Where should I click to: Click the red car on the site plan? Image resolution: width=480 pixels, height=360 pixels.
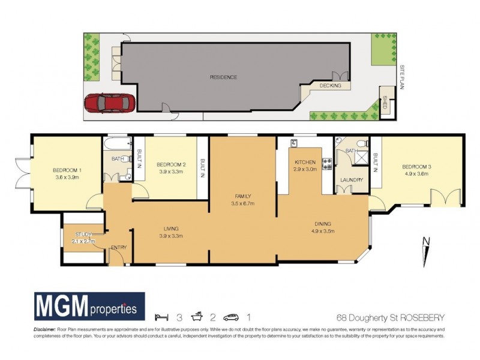(109, 103)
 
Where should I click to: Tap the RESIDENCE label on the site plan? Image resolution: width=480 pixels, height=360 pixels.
(223, 77)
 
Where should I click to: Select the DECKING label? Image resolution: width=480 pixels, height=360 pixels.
(330, 86)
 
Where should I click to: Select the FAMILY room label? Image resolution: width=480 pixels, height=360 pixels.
(243, 196)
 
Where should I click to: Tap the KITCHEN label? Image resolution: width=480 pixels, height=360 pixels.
(304, 163)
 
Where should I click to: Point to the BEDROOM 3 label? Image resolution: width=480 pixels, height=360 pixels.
(416, 166)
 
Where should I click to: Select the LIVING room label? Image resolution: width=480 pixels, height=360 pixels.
(172, 228)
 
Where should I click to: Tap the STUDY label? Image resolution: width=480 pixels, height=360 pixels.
(83, 234)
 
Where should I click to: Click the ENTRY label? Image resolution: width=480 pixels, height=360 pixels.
(118, 247)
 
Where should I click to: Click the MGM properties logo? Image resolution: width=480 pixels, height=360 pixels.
(88, 307)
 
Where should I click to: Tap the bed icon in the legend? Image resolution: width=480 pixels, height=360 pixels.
(160, 317)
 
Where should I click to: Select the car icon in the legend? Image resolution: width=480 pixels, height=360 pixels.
(231, 317)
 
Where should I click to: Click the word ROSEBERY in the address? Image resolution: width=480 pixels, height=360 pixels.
(422, 317)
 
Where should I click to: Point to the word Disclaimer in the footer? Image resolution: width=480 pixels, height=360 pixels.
(43, 329)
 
